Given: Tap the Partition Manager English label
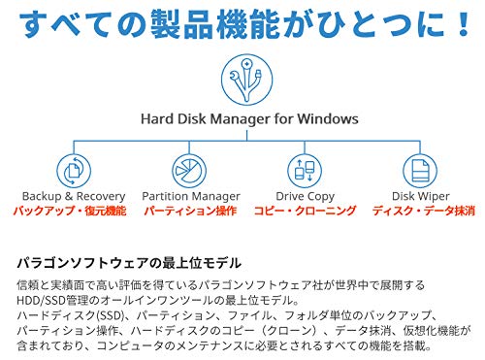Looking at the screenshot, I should click(189, 196).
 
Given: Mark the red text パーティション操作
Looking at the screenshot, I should click(189, 210).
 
